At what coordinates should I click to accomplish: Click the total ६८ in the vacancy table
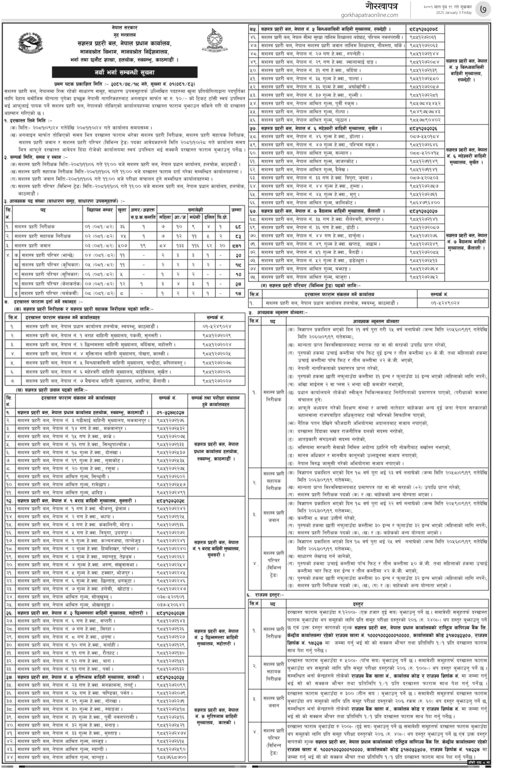coord(238,227)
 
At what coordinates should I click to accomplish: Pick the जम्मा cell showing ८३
coord(238,236)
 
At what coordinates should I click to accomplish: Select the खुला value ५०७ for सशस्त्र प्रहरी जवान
coord(122,245)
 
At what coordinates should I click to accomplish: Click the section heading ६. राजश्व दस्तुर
coord(265,595)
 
